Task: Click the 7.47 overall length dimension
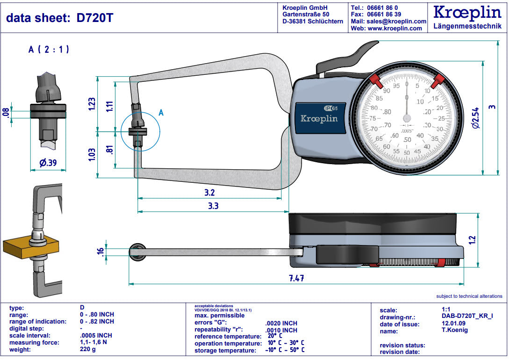296,278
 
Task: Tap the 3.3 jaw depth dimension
213,205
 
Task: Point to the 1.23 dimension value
92,104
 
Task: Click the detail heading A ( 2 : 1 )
49,49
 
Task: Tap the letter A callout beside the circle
161,112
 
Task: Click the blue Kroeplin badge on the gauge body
319,118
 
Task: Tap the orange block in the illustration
28,247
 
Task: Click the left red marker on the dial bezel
376,81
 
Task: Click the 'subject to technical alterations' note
469,296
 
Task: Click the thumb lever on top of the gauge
360,52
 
